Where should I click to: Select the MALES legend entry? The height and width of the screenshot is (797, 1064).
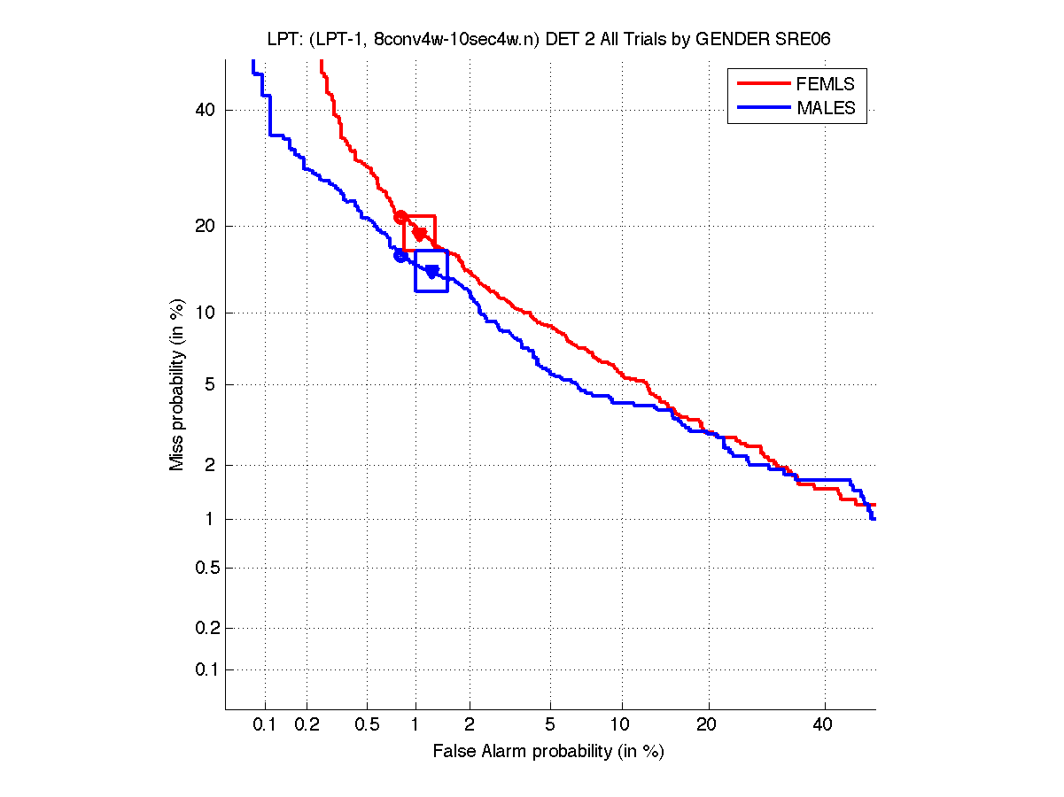[826, 108]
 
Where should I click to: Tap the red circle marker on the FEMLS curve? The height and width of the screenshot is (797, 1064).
[400, 217]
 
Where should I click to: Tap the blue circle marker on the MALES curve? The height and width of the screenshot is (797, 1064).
[400, 256]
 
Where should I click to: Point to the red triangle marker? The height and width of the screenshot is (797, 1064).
[420, 235]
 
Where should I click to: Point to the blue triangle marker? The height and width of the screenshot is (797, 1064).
[432, 272]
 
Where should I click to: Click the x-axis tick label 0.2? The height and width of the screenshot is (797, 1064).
[307, 725]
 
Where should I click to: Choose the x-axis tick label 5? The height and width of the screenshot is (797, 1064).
[550, 725]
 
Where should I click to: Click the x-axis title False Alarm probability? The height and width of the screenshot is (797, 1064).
[548, 752]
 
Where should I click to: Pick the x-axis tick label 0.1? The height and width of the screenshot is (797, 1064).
[265, 725]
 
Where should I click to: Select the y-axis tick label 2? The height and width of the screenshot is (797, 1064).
[211, 465]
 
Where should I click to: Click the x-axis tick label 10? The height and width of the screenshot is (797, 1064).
[623, 725]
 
